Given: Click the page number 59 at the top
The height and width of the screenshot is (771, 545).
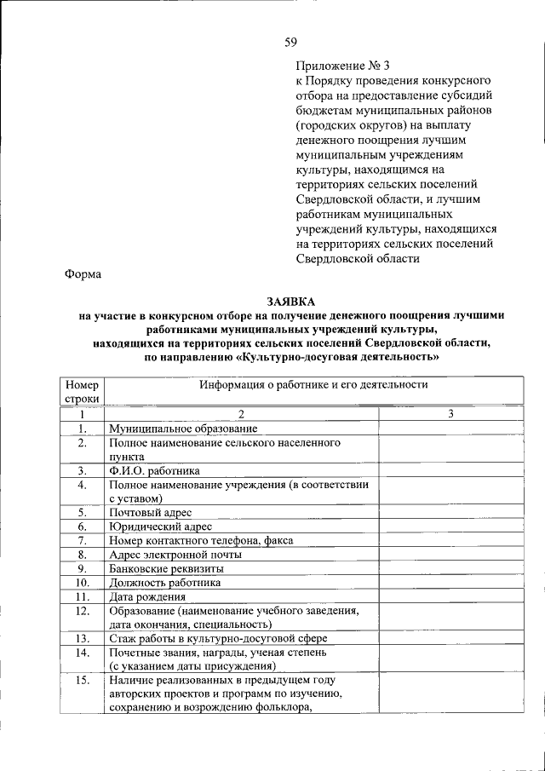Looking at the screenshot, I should click(290, 42).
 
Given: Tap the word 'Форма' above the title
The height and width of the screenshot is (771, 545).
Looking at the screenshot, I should click(83, 273).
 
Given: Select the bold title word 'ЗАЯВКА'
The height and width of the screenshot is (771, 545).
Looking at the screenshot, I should click(290, 302).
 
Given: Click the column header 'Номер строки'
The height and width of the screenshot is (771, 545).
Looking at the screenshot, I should click(83, 391).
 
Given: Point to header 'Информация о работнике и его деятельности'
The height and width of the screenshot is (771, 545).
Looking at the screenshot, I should click(313, 385).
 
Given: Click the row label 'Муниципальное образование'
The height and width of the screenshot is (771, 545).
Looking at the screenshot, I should click(183, 429).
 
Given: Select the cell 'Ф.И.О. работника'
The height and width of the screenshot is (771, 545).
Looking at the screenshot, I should click(154, 470).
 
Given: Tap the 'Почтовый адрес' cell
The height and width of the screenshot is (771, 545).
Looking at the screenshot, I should click(150, 512).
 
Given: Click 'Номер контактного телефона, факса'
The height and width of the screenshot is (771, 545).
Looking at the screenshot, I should click(202, 540).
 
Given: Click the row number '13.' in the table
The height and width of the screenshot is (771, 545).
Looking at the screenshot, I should click(83, 638).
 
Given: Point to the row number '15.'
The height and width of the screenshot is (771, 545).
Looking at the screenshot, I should click(83, 680).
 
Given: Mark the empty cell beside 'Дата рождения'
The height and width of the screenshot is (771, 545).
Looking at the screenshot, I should click(450, 596).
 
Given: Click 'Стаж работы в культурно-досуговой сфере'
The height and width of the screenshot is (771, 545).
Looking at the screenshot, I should click(218, 638).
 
